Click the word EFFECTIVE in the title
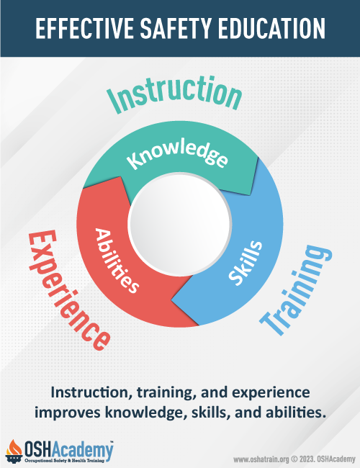pyautogui.click(x=84, y=28)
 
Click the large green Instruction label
pyautogui.click(x=175, y=94)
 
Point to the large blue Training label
pyautogui.click(x=295, y=289)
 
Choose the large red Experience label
pyautogui.click(x=69, y=290)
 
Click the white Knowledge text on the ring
pyautogui.click(x=177, y=155)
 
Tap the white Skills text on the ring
pyautogui.click(x=246, y=263)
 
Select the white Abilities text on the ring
pyautogui.click(x=117, y=261)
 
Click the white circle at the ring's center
pyautogui.click(x=180, y=224)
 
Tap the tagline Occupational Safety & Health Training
pyautogui.click(x=65, y=461)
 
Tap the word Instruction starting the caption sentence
pyautogui.click(x=91, y=392)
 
